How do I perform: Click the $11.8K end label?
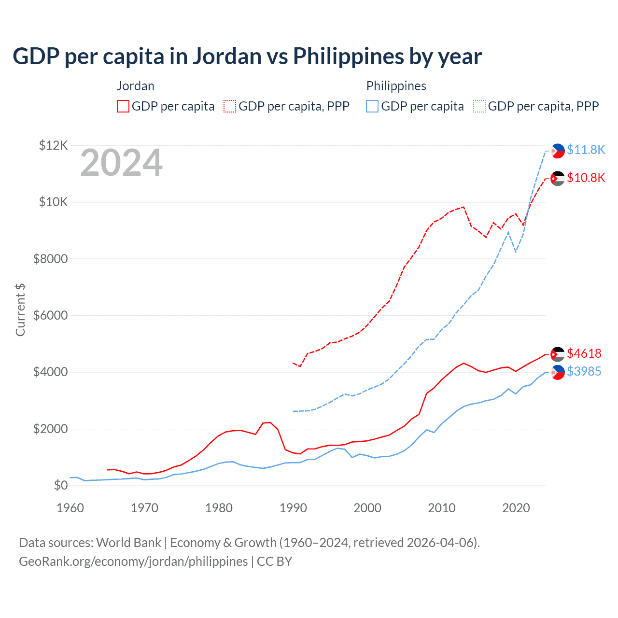coord(586,150)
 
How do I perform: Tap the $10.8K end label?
coord(586,178)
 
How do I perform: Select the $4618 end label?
coord(584,353)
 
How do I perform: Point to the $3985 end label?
coord(584,371)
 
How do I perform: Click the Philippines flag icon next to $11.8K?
coord(558,151)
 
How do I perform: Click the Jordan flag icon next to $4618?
coord(558,354)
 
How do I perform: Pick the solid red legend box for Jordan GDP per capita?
coord(123,106)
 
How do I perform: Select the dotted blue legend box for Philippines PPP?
coord(479,106)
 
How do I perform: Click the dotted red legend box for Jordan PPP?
coord(230,106)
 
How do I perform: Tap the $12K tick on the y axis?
coord(54,145)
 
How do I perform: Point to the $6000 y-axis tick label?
coord(50,316)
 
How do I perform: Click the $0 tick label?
coord(60,486)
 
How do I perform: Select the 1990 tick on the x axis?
coord(293,508)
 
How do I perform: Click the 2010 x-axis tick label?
coord(442,508)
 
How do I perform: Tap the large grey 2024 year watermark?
coord(121,163)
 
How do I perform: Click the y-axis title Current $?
coord(20,310)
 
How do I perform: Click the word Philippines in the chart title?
coord(348,56)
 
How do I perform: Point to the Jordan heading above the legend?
coord(136,86)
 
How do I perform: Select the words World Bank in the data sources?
coord(128,543)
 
